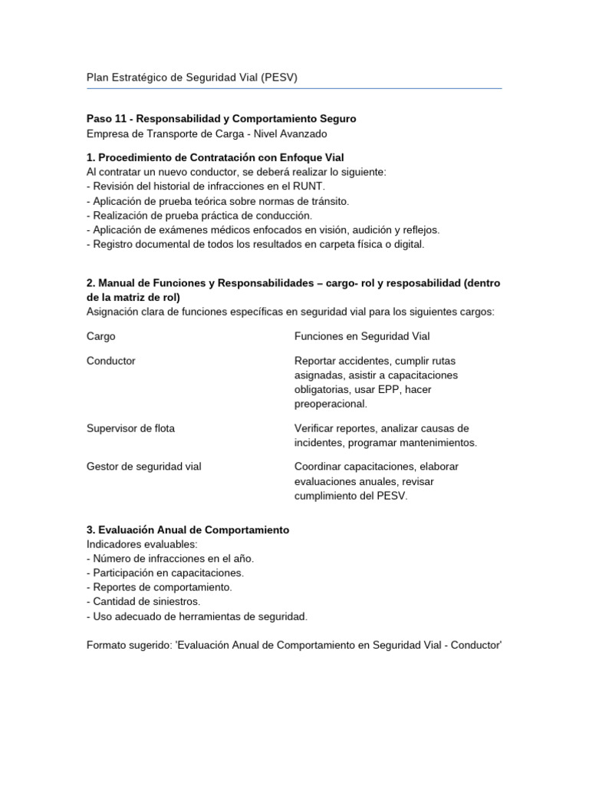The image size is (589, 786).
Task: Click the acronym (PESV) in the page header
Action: [x=280, y=78]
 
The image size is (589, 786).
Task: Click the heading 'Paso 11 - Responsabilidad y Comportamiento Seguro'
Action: [x=221, y=119]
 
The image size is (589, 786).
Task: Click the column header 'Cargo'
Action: [x=101, y=336]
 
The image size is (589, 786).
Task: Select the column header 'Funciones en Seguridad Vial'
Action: [x=362, y=336]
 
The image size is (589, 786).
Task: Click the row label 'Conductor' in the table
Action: [x=111, y=361]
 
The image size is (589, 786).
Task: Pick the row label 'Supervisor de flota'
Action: [x=130, y=428]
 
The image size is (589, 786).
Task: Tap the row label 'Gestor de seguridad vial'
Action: [x=143, y=467]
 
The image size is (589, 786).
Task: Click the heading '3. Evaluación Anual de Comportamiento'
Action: [x=188, y=530]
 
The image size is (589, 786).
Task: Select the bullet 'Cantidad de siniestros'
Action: [x=147, y=602]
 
